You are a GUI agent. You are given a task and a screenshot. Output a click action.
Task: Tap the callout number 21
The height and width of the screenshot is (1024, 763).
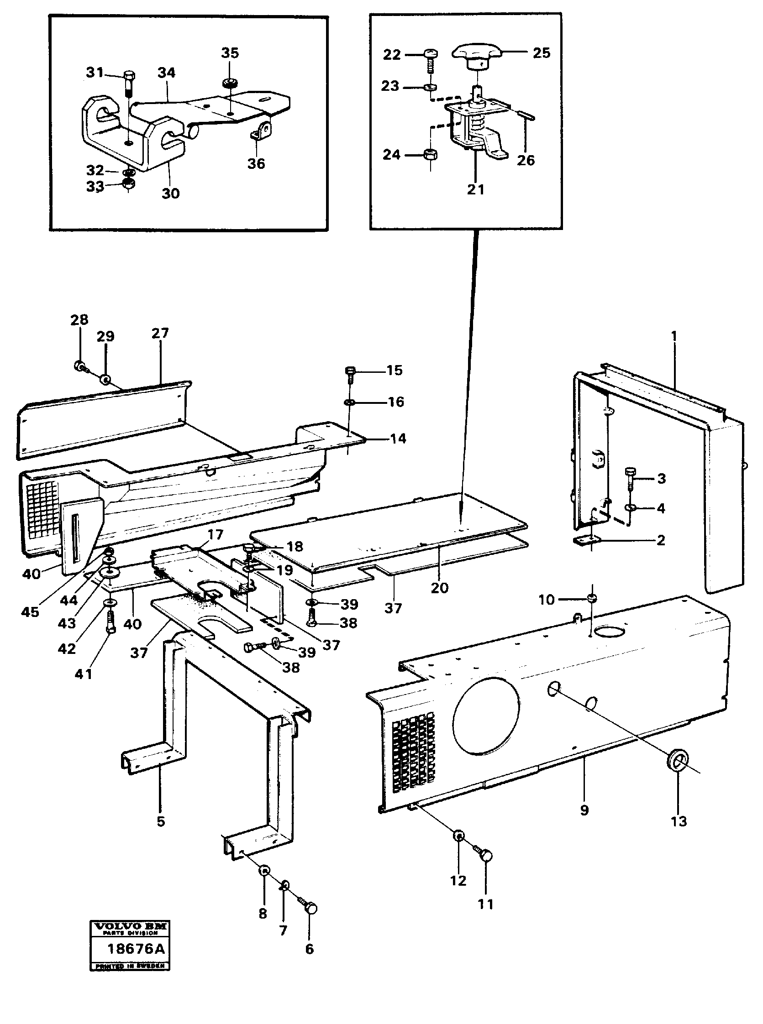click(475, 189)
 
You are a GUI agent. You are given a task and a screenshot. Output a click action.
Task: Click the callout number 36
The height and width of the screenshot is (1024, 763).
click(256, 163)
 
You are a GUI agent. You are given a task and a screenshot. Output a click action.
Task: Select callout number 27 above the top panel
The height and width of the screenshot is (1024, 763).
click(160, 333)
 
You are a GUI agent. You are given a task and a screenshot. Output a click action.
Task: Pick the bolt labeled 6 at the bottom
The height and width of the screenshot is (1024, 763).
click(310, 909)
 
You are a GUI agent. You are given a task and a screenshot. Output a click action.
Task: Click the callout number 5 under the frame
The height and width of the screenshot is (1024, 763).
click(160, 821)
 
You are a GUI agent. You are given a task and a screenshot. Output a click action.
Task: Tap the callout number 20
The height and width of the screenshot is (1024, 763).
click(439, 588)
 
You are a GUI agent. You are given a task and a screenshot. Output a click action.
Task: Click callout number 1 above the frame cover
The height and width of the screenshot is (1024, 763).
click(674, 336)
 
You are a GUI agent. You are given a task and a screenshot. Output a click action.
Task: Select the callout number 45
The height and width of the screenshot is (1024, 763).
click(30, 612)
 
